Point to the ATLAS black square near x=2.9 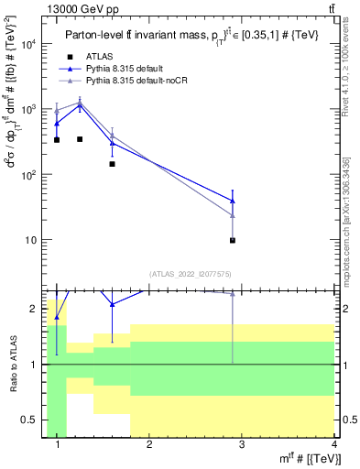(233, 240)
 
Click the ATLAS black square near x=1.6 (112, 164)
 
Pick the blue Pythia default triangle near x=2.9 (233, 200)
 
